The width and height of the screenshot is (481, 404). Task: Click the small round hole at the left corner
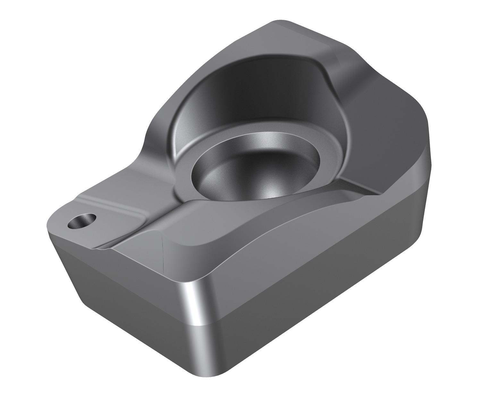pyautogui.click(x=82, y=221)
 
